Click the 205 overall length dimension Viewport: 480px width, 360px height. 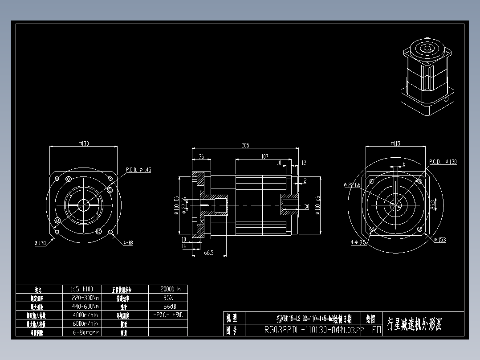coord(245,146)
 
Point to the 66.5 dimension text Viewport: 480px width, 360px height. coord(208,253)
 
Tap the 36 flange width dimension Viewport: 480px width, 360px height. coord(201,156)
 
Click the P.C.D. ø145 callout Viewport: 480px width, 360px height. coord(139,170)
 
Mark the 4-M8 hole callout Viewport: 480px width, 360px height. coord(128,243)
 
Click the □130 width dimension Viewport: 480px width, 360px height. coord(83,143)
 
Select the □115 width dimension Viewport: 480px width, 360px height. coord(395,143)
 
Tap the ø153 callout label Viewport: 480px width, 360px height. coord(439,240)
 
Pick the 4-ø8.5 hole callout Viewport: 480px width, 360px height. coord(358,243)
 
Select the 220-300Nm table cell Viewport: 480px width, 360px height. coord(85,298)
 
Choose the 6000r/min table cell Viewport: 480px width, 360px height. coord(85,323)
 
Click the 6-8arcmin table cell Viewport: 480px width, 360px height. coord(85,332)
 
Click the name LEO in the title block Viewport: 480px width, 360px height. coord(374,330)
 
